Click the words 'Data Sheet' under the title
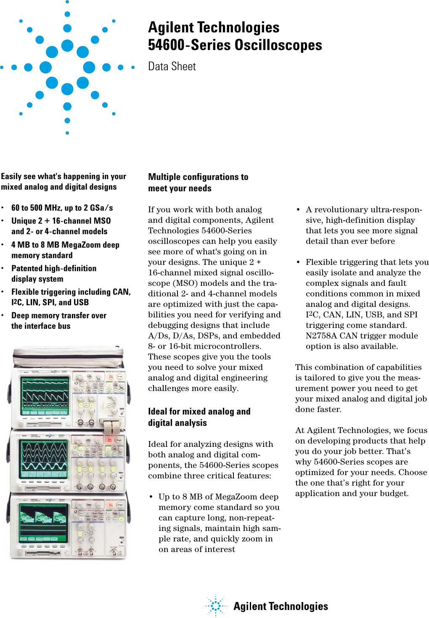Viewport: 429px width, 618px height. click(172, 66)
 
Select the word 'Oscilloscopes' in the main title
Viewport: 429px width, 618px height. click(278, 45)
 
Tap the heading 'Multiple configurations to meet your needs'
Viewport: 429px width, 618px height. click(198, 182)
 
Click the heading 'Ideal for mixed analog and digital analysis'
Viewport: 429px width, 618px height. click(199, 417)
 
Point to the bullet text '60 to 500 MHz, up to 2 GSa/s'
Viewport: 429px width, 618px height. click(62, 208)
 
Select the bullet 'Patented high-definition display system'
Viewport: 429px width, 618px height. click(53, 273)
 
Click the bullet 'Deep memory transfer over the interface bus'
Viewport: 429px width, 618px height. click(58, 320)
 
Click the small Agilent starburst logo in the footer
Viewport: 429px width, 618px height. click(216, 605)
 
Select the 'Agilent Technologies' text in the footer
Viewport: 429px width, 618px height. click(281, 606)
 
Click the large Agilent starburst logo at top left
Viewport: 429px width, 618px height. click(67, 67)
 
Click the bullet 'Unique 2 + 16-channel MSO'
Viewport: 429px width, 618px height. click(61, 221)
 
